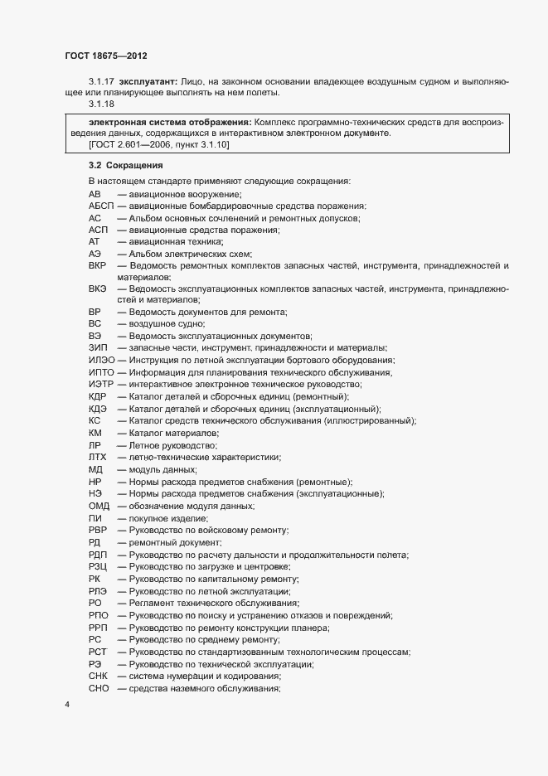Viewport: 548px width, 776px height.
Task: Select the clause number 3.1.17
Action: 101,83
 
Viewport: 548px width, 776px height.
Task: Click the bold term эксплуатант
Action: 148,83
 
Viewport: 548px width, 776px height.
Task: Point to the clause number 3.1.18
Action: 101,104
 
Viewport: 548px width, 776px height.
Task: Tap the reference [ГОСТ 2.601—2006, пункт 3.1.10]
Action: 159,145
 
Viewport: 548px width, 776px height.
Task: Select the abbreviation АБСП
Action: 99,206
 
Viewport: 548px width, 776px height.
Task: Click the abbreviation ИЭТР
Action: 99,384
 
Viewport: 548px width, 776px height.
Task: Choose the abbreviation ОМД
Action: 99,506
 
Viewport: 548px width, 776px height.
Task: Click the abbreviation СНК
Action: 98,677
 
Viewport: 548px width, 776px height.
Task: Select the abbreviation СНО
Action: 99,689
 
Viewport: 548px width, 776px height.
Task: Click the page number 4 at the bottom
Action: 66,706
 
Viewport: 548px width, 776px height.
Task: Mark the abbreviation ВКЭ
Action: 97,288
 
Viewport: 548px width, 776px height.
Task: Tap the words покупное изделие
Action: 162,518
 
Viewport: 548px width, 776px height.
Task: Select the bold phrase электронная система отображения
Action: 165,121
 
